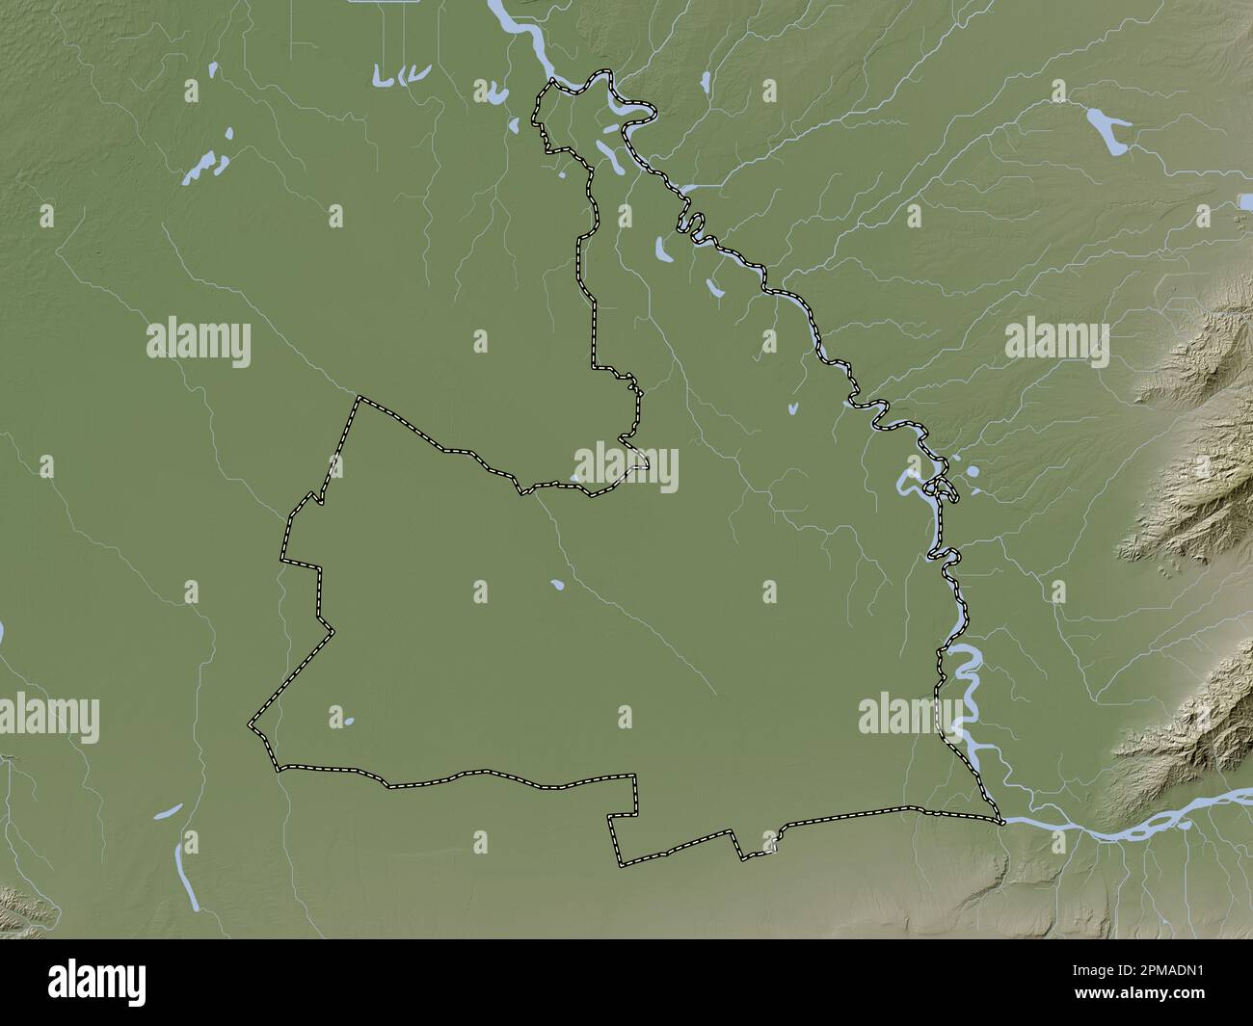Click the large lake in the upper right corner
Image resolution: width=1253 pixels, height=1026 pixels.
point(1107,130)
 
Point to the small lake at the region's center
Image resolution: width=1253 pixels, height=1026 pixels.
point(557,584)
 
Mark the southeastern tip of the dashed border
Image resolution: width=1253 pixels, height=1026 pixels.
point(1002,822)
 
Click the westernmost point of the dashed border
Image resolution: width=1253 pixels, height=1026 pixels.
point(251,723)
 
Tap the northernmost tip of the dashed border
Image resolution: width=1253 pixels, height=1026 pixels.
point(552,82)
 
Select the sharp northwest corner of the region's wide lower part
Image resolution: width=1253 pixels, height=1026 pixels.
point(360,398)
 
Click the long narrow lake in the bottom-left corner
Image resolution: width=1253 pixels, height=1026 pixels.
point(188,872)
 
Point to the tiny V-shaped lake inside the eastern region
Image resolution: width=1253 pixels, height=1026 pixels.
point(792,408)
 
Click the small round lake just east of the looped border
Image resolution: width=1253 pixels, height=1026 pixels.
point(972,472)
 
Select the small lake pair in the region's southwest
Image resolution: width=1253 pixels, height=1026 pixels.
point(342,719)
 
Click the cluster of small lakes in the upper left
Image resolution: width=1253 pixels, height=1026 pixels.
point(207,166)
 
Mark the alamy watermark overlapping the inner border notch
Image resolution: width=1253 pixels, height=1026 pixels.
point(626,468)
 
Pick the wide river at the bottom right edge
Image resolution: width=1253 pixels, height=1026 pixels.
point(1137,829)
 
